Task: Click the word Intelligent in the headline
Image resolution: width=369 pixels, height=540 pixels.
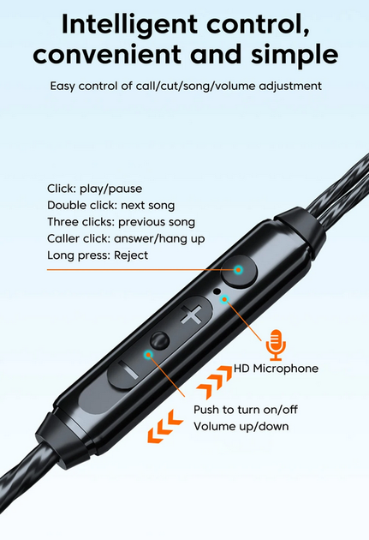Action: click(x=129, y=25)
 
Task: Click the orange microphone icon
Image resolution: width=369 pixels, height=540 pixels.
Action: click(x=276, y=345)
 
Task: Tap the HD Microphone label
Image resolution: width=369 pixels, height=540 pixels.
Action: click(x=276, y=369)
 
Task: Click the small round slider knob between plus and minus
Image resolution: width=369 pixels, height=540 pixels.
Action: click(x=159, y=340)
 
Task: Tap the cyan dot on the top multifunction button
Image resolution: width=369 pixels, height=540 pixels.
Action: click(x=238, y=270)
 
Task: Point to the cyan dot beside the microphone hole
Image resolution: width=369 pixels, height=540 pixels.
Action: click(x=224, y=299)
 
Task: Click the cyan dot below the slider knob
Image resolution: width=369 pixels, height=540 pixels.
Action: click(x=148, y=354)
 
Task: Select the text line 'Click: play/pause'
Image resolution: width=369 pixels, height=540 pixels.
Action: click(x=94, y=189)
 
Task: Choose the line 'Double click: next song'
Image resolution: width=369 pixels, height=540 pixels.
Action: click(x=110, y=206)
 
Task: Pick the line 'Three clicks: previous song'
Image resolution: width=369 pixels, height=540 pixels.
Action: click(x=121, y=222)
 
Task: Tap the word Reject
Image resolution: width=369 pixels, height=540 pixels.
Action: click(x=131, y=255)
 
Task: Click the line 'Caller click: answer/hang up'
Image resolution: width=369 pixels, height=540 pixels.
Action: click(x=126, y=238)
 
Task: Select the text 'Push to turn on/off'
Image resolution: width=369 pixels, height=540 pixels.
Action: click(x=246, y=410)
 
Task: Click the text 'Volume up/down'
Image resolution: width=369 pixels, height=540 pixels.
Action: click(x=241, y=426)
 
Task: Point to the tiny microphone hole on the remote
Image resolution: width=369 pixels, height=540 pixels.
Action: click(x=217, y=291)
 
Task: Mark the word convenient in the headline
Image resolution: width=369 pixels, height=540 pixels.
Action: click(x=107, y=55)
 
